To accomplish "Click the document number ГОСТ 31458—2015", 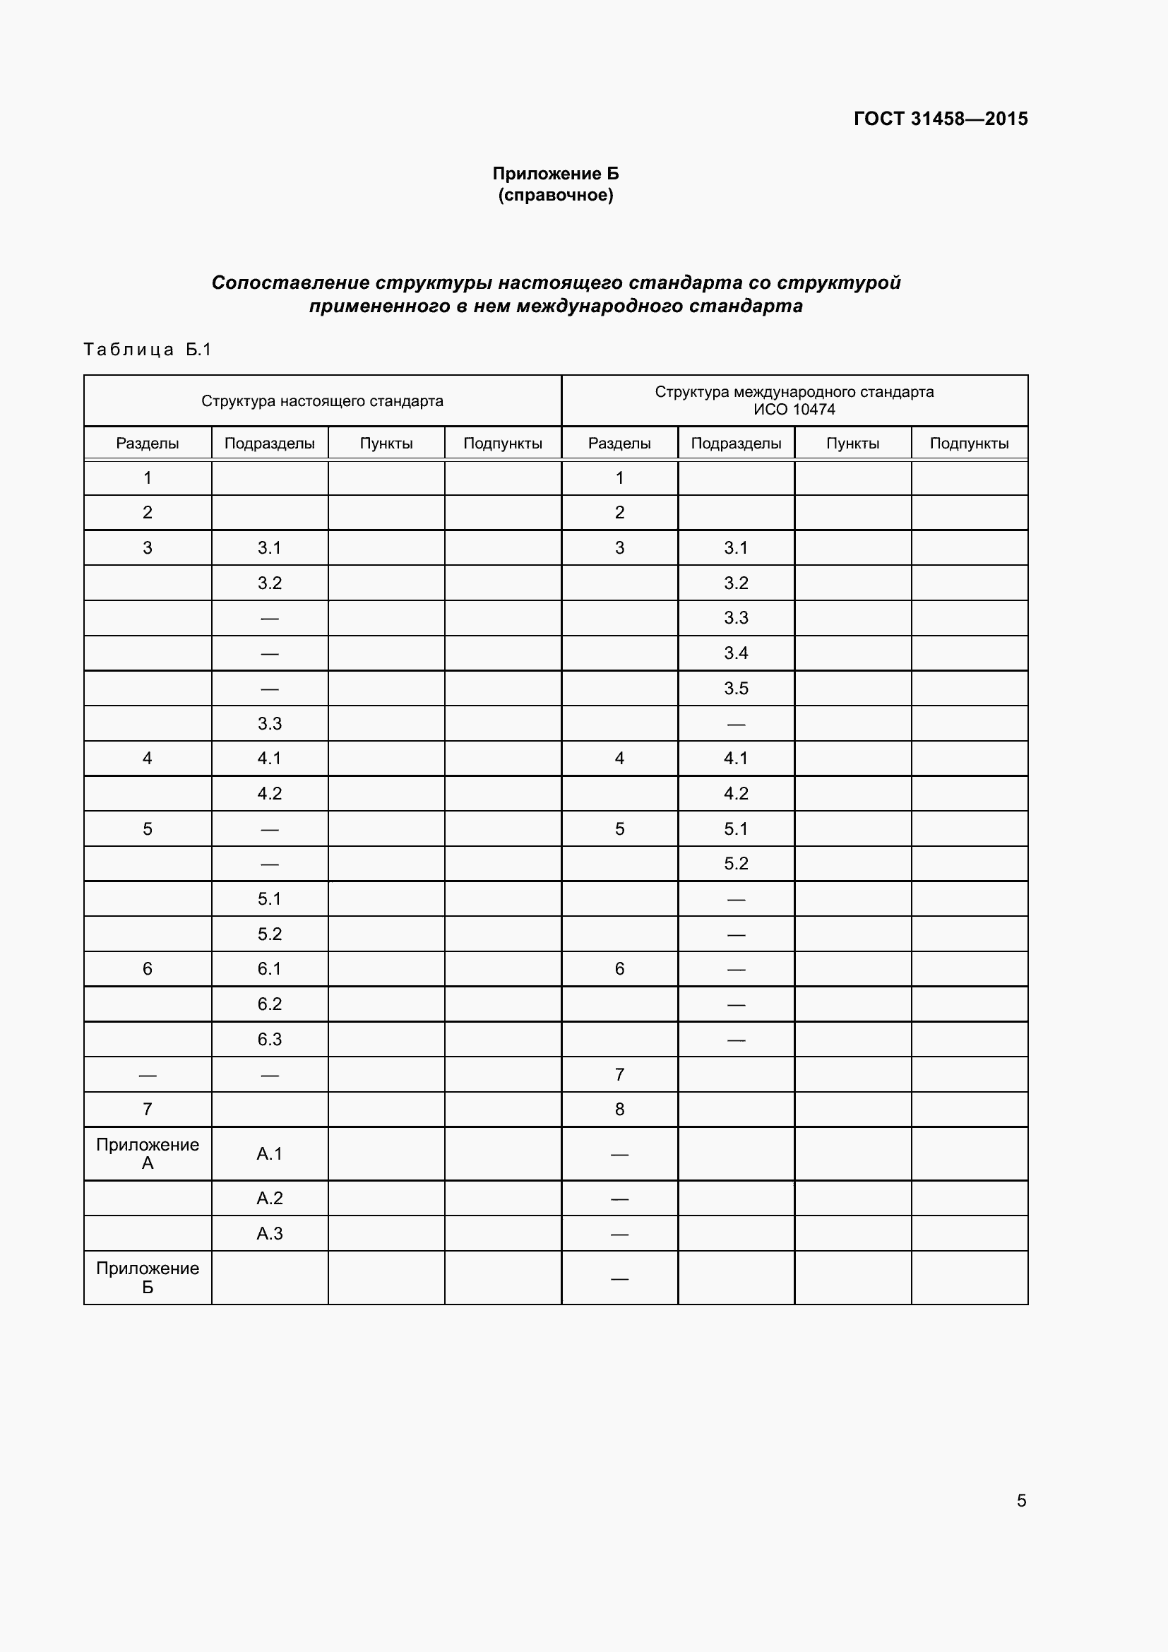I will [x=940, y=119].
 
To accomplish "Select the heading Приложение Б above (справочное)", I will [x=555, y=174].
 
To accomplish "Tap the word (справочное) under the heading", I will [x=555, y=195].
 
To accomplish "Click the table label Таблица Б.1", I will [x=148, y=350].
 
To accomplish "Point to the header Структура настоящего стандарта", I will [x=322, y=400].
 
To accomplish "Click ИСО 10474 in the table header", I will [x=794, y=410].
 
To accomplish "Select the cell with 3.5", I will [x=736, y=689].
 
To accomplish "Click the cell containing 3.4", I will [x=736, y=653].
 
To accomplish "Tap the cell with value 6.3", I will [x=270, y=1039].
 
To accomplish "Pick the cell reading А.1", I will [x=270, y=1153].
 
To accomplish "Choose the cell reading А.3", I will [x=270, y=1233].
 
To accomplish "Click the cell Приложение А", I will [x=148, y=1153].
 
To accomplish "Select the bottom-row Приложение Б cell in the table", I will [x=148, y=1277].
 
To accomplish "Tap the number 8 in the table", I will [x=619, y=1109].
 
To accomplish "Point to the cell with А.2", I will [x=270, y=1198].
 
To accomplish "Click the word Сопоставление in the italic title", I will [x=290, y=283].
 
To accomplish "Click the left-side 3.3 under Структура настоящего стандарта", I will [x=270, y=724].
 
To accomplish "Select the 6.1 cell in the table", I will [x=270, y=968].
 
